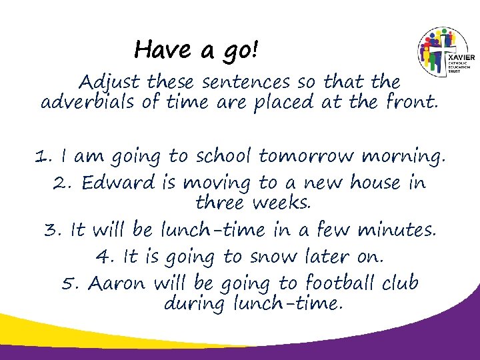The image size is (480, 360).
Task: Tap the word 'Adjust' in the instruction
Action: tap(109, 83)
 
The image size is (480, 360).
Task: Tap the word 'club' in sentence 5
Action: tap(400, 283)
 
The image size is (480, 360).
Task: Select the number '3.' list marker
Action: tap(53, 230)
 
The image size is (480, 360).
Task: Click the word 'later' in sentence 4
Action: tap(322, 257)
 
